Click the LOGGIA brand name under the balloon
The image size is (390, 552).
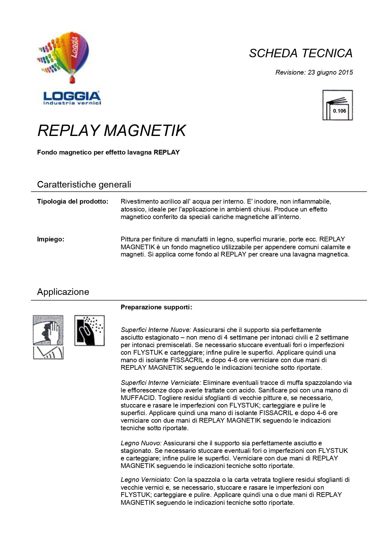click(72, 96)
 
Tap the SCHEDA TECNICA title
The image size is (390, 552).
click(300, 53)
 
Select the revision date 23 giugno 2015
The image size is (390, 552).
click(330, 72)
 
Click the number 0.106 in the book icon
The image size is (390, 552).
click(339, 111)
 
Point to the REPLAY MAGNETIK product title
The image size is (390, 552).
click(112, 130)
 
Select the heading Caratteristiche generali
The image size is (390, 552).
click(84, 184)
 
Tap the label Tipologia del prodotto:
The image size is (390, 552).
click(73, 201)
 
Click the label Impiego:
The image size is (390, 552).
click(51, 239)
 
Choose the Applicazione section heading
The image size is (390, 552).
click(63, 292)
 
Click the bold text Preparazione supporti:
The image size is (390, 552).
click(156, 307)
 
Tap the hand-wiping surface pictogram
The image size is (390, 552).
click(48, 330)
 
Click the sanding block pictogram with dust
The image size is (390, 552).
click(89, 330)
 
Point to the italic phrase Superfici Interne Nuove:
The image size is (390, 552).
click(156, 330)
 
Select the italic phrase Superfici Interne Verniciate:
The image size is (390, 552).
click(161, 383)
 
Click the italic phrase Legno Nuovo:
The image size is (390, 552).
click(141, 443)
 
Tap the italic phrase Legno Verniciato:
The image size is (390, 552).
click(146, 480)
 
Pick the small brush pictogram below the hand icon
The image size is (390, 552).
click(48, 353)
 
